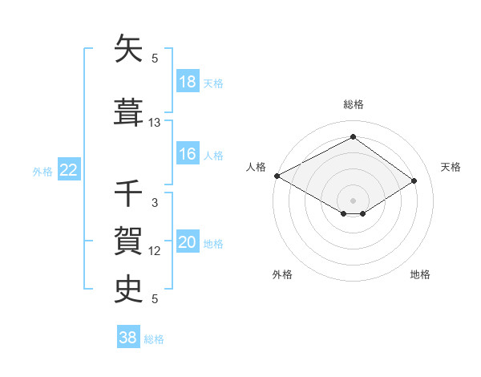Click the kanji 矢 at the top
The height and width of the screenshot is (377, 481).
point(128,50)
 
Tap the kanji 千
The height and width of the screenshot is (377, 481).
point(128,194)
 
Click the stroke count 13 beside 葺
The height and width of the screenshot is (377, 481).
point(155,123)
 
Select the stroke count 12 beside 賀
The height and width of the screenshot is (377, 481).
point(155,251)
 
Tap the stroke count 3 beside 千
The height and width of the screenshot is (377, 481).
point(155,203)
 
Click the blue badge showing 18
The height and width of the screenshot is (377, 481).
point(188,82)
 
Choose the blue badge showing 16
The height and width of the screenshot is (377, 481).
point(188,154)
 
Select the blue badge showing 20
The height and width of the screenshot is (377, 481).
point(188,242)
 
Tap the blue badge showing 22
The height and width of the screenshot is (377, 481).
point(69,170)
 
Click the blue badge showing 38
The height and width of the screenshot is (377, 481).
point(127,338)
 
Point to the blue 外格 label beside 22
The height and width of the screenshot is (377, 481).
point(42,171)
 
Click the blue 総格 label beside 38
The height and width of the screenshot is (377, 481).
point(154,339)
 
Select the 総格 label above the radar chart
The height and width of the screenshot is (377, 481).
point(353,104)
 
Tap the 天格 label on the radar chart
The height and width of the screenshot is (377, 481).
point(451,167)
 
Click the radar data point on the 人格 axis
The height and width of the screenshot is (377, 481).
point(277,176)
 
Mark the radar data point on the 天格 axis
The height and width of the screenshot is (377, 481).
point(414,181)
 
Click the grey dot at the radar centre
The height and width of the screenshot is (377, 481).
point(353,199)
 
